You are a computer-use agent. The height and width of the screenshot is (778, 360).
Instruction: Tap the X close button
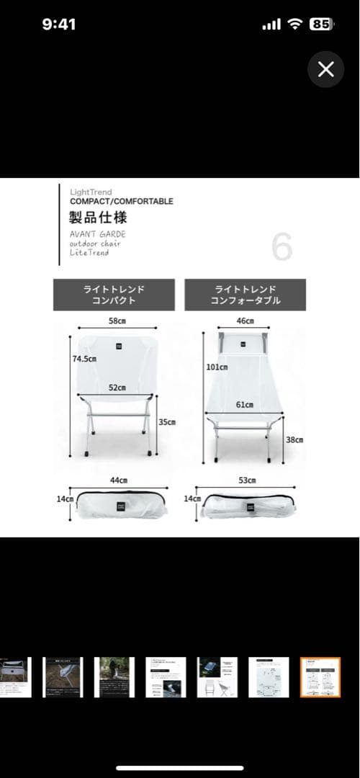click(325, 69)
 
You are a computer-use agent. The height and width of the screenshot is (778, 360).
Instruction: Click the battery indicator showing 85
click(321, 24)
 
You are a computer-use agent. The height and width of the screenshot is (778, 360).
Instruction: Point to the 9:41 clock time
click(59, 24)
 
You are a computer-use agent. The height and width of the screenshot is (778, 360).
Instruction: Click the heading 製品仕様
click(99, 218)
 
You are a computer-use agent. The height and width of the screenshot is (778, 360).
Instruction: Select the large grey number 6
click(282, 247)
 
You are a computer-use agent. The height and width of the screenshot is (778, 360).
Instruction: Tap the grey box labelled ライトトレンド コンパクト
click(114, 295)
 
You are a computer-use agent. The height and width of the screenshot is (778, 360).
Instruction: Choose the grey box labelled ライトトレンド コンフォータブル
click(245, 295)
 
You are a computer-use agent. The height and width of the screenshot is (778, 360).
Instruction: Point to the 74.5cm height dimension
click(84, 358)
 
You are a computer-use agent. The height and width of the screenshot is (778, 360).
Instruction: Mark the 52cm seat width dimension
click(117, 388)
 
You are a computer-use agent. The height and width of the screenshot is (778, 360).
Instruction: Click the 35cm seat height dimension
click(167, 422)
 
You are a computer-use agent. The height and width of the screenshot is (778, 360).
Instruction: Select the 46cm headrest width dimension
click(245, 321)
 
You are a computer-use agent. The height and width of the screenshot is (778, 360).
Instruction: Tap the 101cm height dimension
click(217, 367)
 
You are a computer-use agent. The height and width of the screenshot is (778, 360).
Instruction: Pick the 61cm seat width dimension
click(245, 405)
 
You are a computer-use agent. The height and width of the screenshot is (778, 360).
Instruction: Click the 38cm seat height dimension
click(294, 439)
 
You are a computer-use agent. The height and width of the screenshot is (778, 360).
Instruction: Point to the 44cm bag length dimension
click(119, 480)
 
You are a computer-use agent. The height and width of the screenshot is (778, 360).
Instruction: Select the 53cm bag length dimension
click(247, 480)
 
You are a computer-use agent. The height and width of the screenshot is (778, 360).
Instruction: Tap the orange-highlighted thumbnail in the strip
click(320, 677)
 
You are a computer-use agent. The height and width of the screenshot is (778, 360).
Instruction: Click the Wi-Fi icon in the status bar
click(294, 24)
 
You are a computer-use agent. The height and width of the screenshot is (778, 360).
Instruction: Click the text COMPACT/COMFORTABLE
click(122, 202)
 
